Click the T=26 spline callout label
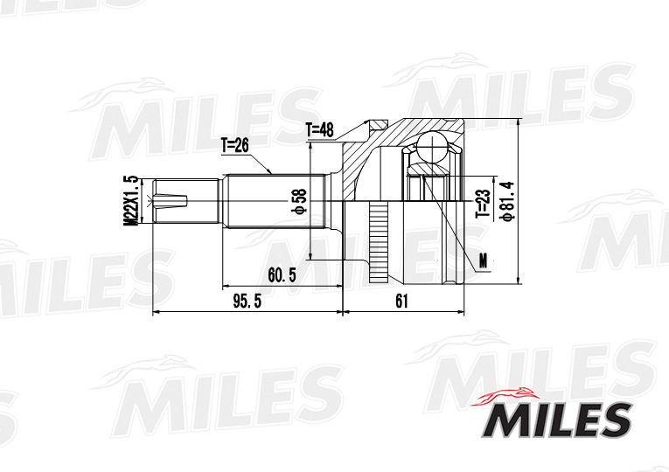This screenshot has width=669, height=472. coord(234,146)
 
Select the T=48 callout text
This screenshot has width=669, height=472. coord(319,130)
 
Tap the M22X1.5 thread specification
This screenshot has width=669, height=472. coord(132,200)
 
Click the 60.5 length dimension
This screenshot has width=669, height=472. coord(282,275)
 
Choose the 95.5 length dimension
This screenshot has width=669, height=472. coord(247,302)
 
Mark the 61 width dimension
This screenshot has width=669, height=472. coord(402,302)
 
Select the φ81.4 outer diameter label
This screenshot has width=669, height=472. coord(509,201)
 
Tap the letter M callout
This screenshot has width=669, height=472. coord(483,261)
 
